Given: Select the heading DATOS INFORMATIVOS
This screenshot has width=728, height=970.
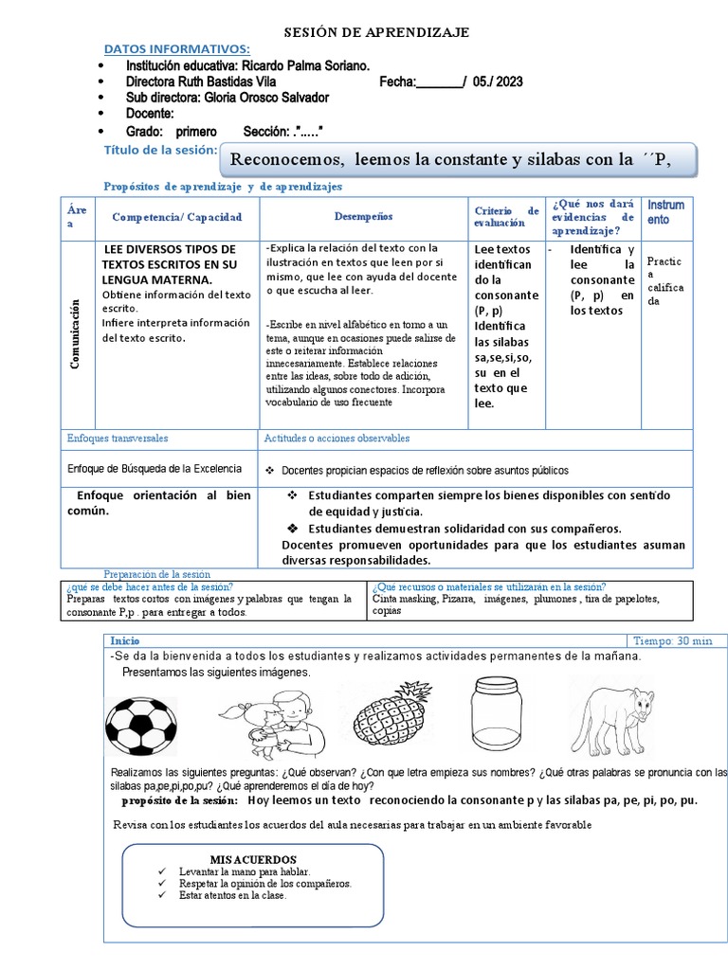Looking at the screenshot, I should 176,48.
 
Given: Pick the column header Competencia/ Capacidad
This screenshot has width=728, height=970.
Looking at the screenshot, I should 177,217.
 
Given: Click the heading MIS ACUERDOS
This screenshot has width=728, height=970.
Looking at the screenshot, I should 253,859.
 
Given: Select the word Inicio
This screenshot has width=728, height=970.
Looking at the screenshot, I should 124,640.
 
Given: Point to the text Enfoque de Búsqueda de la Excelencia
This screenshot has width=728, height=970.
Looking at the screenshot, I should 155,468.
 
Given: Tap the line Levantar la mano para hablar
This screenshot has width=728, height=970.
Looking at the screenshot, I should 244,871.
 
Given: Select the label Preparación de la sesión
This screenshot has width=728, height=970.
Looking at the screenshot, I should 156,574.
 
